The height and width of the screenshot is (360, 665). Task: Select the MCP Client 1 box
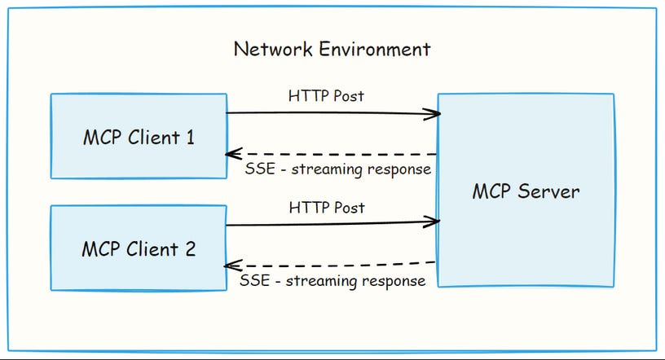[139, 135]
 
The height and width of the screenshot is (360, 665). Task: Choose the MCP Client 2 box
[139, 248]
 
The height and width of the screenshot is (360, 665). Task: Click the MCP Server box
[526, 191]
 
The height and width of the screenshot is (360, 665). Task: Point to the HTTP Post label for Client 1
[326, 96]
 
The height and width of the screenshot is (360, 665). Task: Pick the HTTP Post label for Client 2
[326, 208]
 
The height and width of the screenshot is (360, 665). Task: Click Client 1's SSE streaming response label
[337, 169]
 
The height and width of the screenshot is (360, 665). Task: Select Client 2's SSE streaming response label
[332, 281]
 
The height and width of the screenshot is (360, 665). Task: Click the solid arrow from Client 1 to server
[326, 113]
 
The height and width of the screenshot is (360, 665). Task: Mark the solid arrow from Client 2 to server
[326, 223]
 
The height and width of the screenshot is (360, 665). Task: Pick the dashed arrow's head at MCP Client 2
[231, 266]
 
